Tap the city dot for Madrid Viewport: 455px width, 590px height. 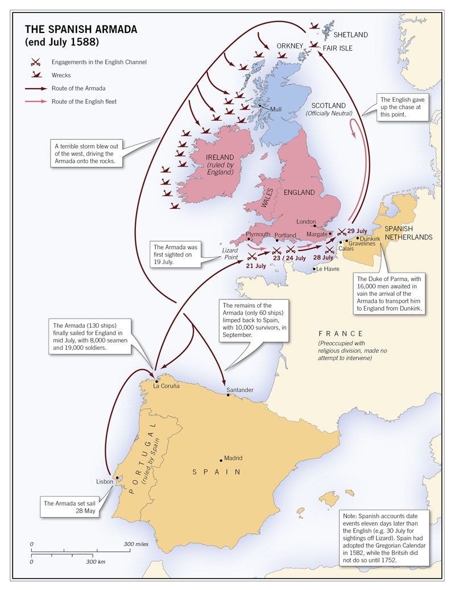coord(221,460)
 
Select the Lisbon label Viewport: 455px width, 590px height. coord(105,481)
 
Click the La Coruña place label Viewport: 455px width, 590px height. coord(166,386)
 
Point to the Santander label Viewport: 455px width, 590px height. coord(239,390)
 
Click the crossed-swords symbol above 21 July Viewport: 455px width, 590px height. coord(253,256)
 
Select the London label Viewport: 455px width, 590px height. coord(306,221)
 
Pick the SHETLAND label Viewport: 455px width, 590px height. coord(351,35)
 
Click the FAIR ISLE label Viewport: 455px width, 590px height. coord(338,48)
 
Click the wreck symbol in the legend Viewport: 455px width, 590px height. coord(35,75)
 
